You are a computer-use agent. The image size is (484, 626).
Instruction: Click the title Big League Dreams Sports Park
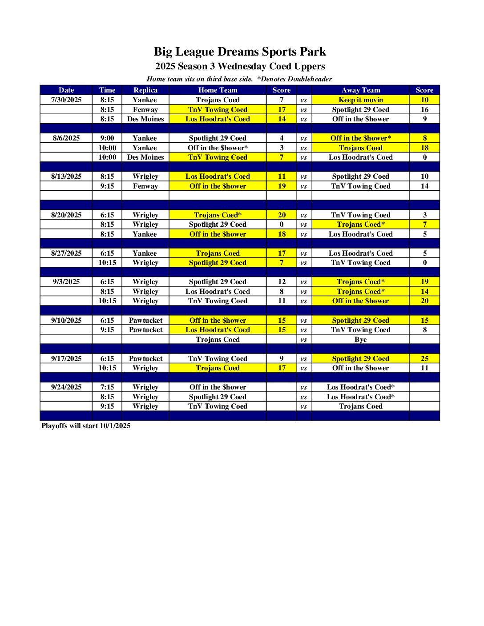pos(240,52)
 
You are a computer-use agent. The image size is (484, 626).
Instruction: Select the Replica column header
pos(145,90)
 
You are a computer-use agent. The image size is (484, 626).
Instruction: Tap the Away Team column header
pos(360,90)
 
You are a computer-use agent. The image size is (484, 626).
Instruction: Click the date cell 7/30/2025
pos(66,100)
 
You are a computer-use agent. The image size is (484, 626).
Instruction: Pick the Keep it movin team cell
pos(360,100)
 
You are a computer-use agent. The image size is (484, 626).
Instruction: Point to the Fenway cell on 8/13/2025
pos(145,186)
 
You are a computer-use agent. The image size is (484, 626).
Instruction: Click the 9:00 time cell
pos(107,138)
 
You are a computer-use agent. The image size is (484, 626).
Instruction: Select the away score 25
pos(424,359)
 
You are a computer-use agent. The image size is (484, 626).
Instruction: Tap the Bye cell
pos(360,340)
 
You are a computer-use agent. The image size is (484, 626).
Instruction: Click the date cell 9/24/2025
pos(66,387)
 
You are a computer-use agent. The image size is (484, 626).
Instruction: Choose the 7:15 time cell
pos(107,387)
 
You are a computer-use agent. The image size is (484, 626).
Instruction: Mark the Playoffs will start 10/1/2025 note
pos(86,426)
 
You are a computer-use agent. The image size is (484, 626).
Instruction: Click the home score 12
pos(282,282)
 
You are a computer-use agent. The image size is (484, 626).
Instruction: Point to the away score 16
pos(424,110)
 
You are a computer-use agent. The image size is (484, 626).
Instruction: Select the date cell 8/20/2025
pos(66,215)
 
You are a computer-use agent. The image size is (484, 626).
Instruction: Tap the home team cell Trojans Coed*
pos(218,215)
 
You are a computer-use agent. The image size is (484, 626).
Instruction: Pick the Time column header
pos(107,90)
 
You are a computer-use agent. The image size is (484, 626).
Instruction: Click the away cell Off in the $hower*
pos(360,138)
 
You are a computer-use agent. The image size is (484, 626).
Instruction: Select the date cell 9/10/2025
pos(66,321)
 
